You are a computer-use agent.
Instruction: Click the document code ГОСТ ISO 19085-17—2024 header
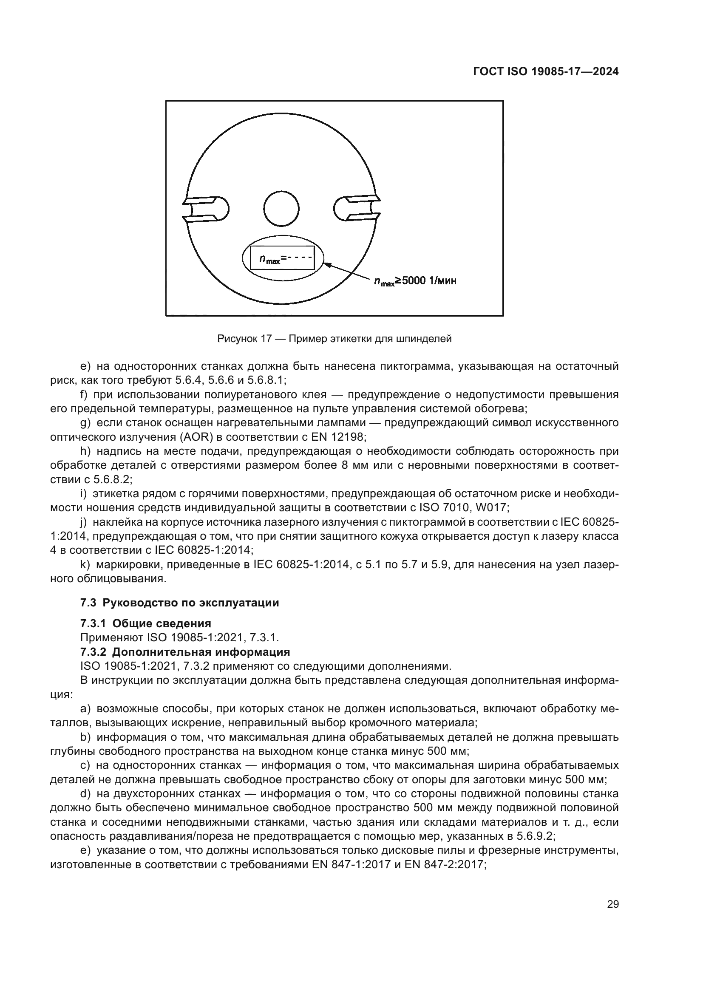click(x=545, y=72)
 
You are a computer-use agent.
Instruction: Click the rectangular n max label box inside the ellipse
click(x=282, y=259)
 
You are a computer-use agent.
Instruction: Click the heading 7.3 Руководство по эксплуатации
click(x=180, y=603)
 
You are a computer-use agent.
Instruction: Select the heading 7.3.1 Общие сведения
click(x=146, y=623)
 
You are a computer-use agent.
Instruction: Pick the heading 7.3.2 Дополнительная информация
click(x=185, y=652)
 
